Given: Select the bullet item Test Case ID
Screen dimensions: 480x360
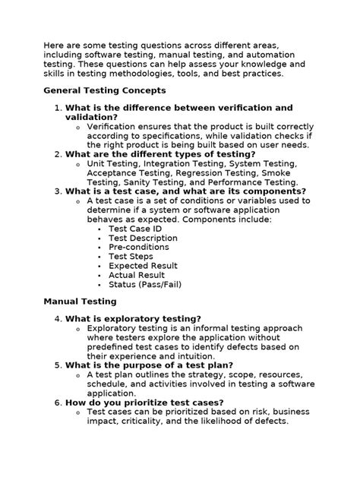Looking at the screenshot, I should (x=135, y=228).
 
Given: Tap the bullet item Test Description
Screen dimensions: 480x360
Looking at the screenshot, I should (x=143, y=238).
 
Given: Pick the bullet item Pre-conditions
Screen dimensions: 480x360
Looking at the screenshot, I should (x=137, y=248).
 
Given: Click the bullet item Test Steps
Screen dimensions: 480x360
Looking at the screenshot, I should (x=131, y=257).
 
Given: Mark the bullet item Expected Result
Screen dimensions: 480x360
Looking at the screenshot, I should (x=143, y=267).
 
